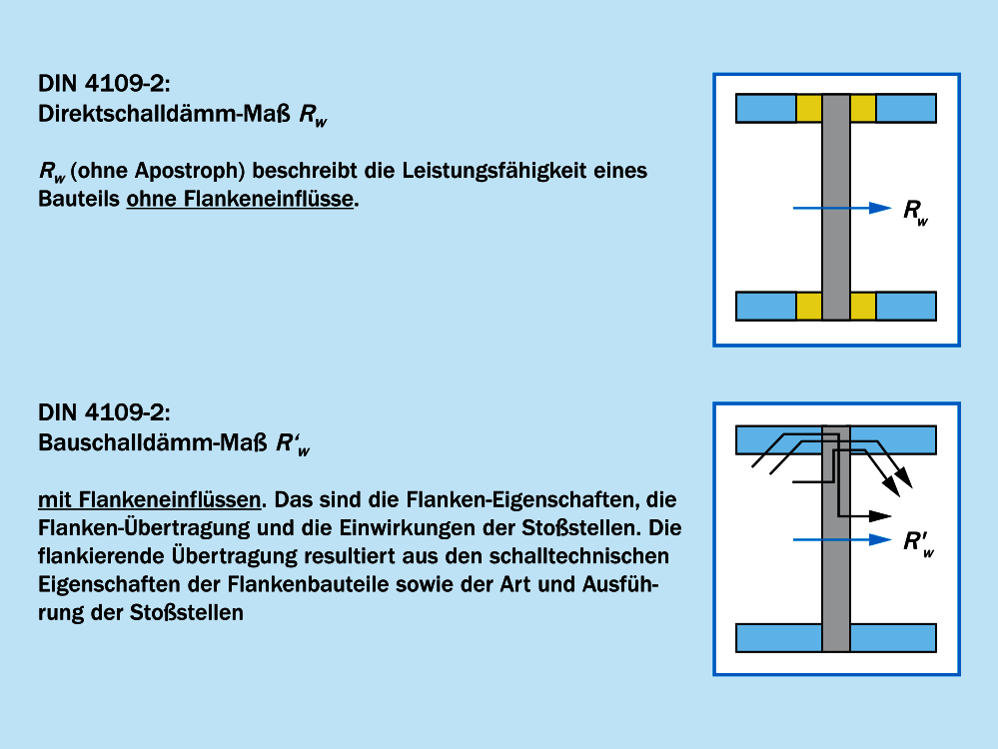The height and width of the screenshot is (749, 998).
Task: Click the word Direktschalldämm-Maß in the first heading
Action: pos(165,115)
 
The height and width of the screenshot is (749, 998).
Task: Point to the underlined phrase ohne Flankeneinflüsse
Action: pos(240,199)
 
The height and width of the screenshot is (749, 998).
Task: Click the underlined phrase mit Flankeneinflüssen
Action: pos(150,497)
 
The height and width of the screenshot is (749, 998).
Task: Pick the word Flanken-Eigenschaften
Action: pos(531,497)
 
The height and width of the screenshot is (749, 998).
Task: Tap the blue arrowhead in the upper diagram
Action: pos(879,208)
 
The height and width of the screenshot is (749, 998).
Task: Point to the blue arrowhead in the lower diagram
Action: pos(879,540)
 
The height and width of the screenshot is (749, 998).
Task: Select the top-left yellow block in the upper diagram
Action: pos(808,108)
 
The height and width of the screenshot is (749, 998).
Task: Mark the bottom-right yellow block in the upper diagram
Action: pos(862,307)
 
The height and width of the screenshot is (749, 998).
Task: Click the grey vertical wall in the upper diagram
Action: pos(835,208)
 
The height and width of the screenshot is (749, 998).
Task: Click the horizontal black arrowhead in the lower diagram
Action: pos(879,515)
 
